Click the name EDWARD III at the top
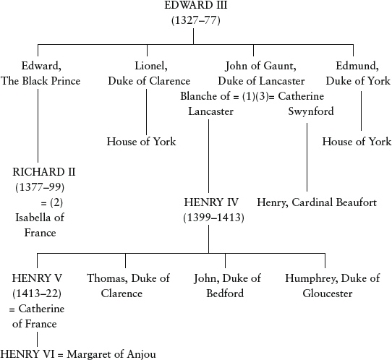coord(196,5)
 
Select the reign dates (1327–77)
coord(196,20)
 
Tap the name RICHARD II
coord(44,172)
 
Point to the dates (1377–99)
coord(40,187)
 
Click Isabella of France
coord(40,225)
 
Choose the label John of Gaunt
coord(261,66)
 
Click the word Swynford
coord(311,111)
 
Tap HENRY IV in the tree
coord(211,202)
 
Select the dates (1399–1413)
coord(213,218)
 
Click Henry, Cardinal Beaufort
coord(317,202)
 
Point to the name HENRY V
coord(37,278)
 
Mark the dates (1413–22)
coord(37,293)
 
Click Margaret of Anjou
coord(111,354)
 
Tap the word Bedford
coord(225,293)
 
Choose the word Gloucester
coord(328,293)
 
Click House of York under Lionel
coord(142,142)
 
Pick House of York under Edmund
coord(357,142)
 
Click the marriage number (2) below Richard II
coord(56,202)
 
